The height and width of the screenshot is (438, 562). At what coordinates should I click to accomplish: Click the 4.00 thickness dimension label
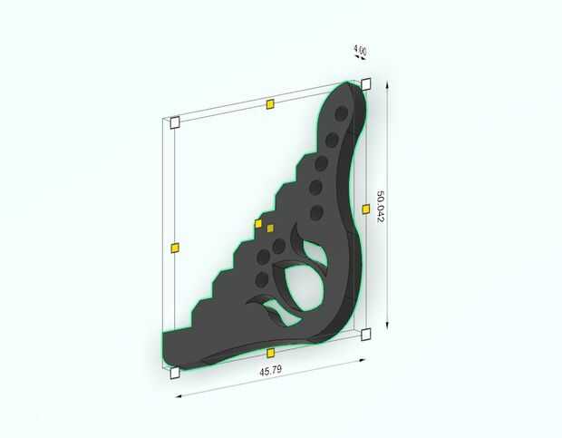pos(360,50)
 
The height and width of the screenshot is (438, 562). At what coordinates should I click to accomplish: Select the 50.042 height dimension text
pos(380,207)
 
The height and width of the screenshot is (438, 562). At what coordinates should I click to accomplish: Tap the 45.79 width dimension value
pos(271,370)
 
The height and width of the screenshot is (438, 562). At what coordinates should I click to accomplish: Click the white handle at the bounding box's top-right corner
pos(366,84)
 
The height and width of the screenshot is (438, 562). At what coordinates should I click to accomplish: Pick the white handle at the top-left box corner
pos(175,122)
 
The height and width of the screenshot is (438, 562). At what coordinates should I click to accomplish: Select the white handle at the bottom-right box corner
pos(366,335)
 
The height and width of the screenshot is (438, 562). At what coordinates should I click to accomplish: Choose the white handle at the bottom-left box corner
pos(175,373)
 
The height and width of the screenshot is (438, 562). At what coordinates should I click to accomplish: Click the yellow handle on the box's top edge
pos(270,104)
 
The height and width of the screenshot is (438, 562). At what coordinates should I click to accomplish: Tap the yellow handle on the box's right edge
pos(366,209)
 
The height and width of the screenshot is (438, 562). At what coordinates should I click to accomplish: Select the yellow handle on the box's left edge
pos(175,248)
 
